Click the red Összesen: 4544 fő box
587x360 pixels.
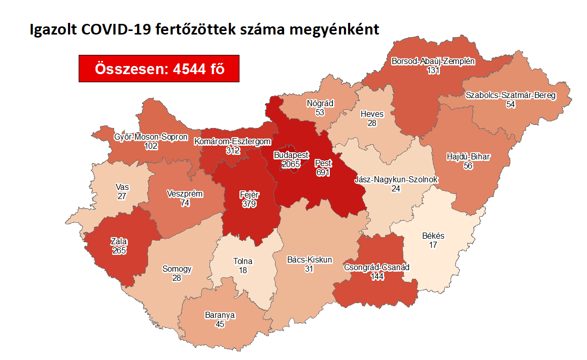[x=159, y=68]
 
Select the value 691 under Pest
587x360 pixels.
[x=323, y=173]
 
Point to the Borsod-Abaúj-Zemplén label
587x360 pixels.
[x=433, y=61]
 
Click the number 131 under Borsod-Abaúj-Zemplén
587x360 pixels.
[x=433, y=71]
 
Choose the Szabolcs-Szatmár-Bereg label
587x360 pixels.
[x=510, y=95]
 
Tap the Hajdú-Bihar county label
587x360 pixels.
[x=468, y=156]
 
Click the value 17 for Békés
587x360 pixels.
[x=433, y=245]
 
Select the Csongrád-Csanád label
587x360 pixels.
[x=377, y=267]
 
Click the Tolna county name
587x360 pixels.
[x=243, y=261]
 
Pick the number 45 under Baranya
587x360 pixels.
[x=220, y=324]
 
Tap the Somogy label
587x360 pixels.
[x=177, y=269]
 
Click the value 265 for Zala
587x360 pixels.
[x=119, y=250]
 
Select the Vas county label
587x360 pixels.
[x=122, y=187]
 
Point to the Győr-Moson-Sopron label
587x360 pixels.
[x=151, y=137]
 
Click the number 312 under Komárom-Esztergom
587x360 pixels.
[x=234, y=150]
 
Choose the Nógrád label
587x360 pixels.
[x=320, y=103]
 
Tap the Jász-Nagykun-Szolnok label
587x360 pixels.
[x=396, y=180]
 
